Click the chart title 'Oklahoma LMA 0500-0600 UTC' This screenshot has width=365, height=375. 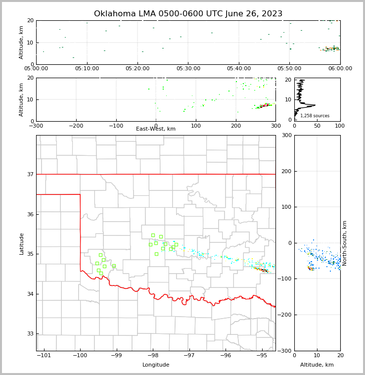tap(188, 14)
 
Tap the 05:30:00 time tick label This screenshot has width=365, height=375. tap(188, 68)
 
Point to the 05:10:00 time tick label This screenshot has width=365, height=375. tap(87, 68)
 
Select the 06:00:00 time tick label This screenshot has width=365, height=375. tap(340, 68)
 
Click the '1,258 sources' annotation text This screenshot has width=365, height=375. tap(315, 116)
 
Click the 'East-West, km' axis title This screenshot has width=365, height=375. tap(156, 129)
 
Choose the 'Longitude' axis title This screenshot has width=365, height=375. tap(156, 365)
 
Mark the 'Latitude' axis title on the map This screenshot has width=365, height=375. tap(22, 243)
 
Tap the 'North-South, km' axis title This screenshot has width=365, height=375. tap(345, 243)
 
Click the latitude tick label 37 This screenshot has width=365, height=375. tap(30, 175)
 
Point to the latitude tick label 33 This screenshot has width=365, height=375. tap(30, 334)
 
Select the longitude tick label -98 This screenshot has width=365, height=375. tap(153, 355)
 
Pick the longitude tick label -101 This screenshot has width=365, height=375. tap(44, 355)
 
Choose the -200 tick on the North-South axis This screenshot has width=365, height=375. tap(286, 315)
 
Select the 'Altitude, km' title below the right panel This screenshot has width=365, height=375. tap(317, 365)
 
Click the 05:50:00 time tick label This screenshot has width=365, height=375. tap(289, 68)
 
